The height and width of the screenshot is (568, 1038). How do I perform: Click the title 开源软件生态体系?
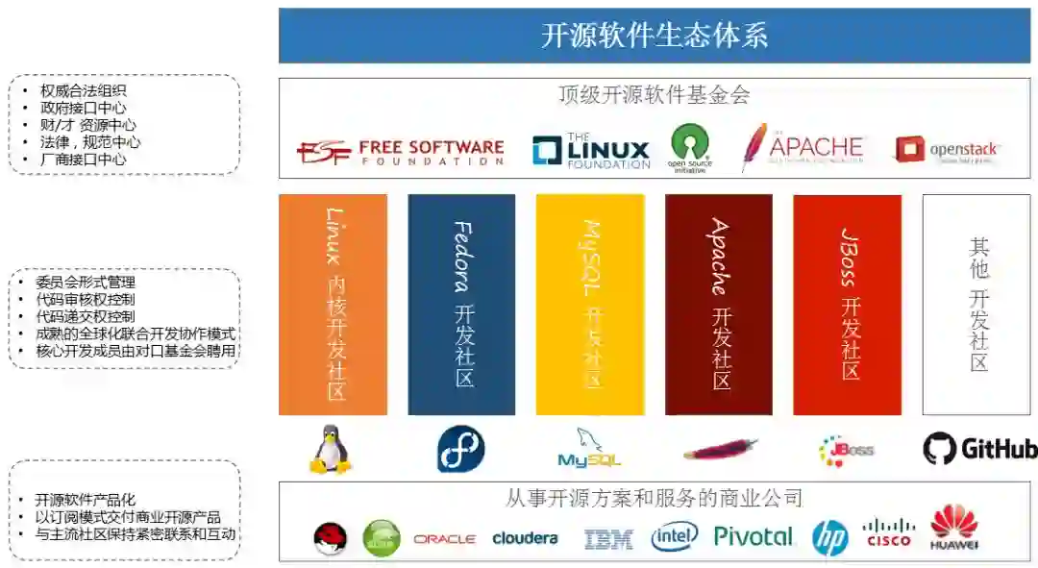[x=654, y=37]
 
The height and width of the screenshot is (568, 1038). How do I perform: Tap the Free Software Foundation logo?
[x=400, y=152]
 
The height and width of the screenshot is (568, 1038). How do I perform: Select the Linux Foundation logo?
[x=591, y=151]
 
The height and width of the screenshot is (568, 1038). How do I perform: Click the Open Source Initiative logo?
[x=690, y=147]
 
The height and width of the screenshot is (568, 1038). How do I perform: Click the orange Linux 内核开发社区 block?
[x=333, y=305]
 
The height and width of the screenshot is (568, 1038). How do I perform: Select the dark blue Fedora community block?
[x=461, y=305]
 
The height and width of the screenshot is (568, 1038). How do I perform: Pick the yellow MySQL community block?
[x=590, y=305]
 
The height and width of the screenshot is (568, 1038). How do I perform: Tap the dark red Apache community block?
[x=719, y=305]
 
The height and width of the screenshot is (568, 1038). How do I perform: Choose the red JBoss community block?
[x=847, y=305]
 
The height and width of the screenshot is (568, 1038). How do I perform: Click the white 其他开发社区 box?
[x=976, y=305]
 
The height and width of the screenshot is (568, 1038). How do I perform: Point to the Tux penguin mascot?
[x=331, y=449]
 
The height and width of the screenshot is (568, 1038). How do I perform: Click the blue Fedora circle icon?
[x=461, y=449]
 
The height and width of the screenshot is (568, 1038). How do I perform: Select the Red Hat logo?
[x=331, y=538]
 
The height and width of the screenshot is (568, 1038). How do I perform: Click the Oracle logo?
[x=444, y=539]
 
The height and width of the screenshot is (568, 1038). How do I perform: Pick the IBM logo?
[x=608, y=539]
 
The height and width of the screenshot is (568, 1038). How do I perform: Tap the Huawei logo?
[x=953, y=528]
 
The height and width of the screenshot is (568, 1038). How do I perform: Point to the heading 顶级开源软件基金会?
[x=654, y=94]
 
